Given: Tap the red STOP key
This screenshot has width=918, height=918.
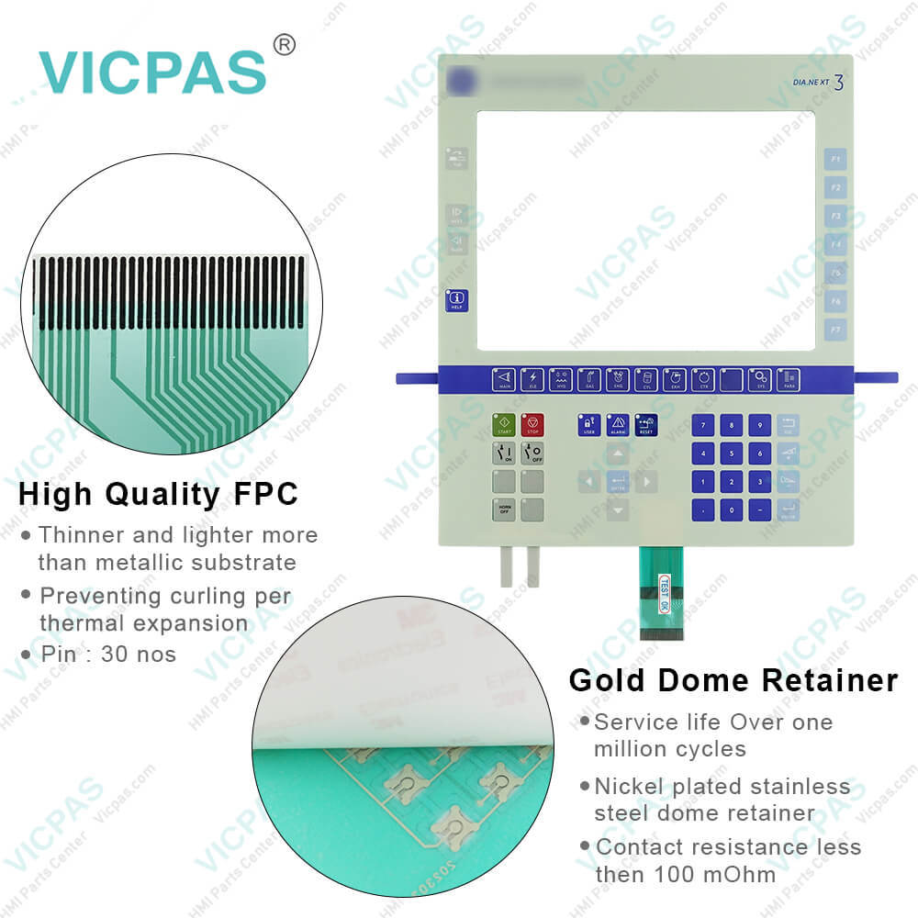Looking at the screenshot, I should pos(532,425).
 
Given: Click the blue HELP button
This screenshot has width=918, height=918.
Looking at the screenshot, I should pos(456,301).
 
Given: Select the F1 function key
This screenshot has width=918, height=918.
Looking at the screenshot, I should pos(835,160).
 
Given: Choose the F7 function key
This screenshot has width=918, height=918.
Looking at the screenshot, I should pos(835,328).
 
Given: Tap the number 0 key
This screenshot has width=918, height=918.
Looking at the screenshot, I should pos(732,509).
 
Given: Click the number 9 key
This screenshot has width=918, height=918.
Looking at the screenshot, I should pos(760,425).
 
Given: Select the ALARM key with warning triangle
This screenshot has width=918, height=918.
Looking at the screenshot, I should pos(618,424).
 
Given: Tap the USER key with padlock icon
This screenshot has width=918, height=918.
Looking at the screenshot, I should pos(589,424).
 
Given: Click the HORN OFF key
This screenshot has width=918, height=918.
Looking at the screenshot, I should pos(504,509).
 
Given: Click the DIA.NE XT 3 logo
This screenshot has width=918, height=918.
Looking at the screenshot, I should pos(817,83).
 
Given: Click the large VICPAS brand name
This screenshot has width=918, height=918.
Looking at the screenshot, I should pos(152,71).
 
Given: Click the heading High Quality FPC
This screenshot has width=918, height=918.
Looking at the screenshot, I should pos(159,494).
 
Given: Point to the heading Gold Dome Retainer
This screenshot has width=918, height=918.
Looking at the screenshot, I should pos(733,680).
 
